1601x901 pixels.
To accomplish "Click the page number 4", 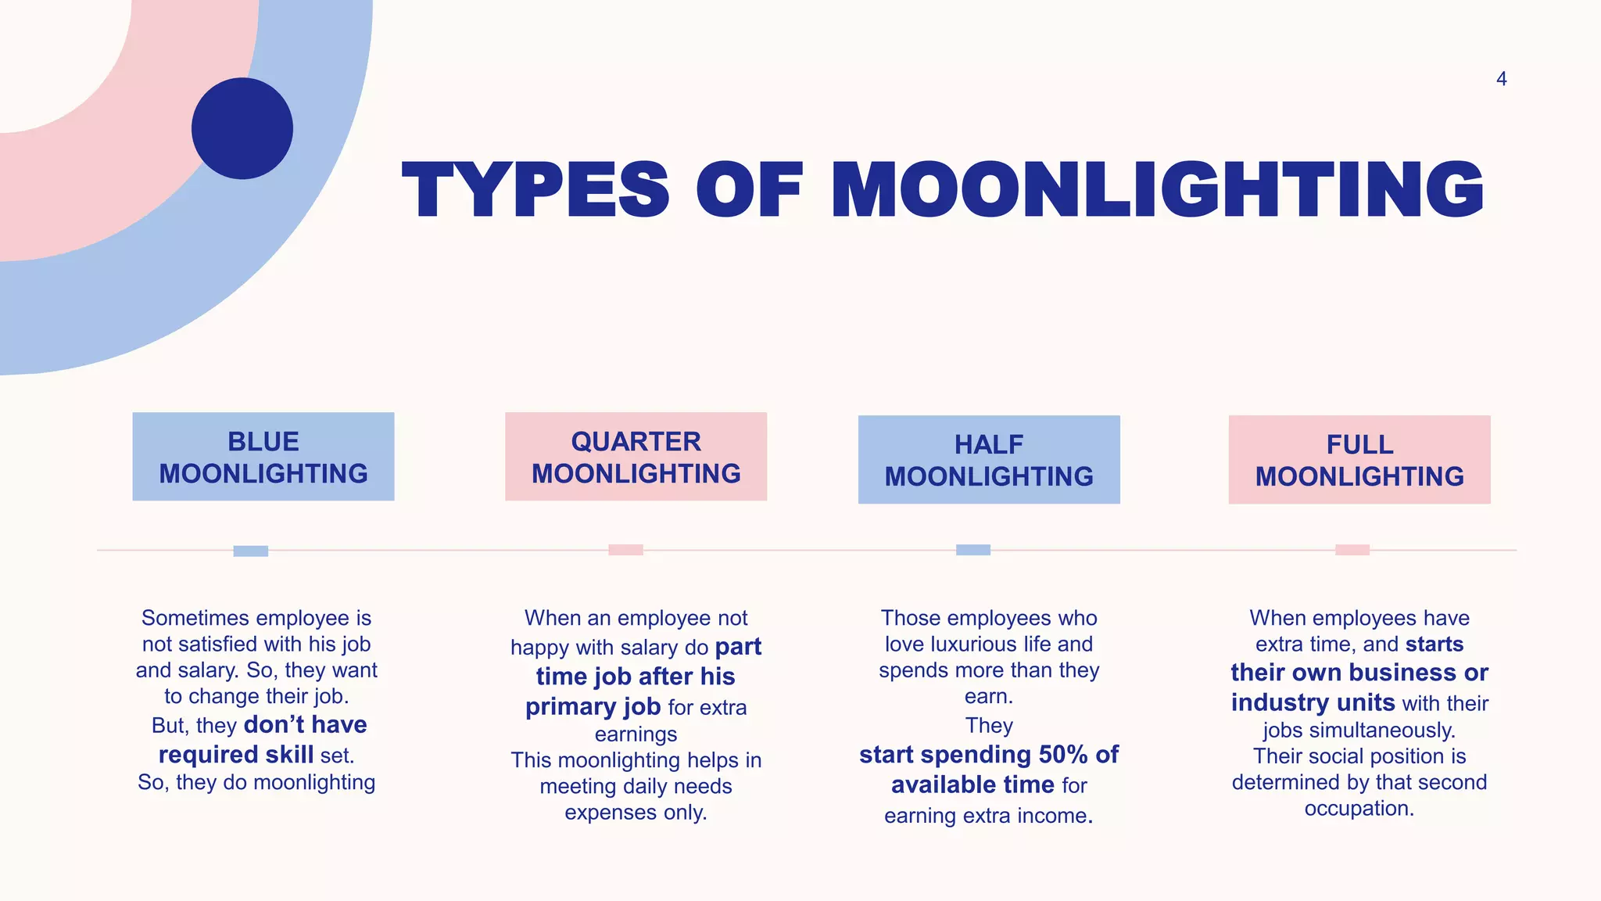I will (x=1501, y=79).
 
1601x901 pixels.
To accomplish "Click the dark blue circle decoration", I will (x=242, y=128).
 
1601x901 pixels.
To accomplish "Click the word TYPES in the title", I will (x=535, y=190).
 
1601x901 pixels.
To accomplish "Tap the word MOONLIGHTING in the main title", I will (x=1157, y=190).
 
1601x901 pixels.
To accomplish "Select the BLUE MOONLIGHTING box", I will (x=263, y=457).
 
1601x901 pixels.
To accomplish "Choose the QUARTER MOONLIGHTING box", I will (x=636, y=457).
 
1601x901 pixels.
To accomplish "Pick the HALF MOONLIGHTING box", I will (x=989, y=460).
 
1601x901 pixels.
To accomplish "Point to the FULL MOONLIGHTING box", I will (x=1359, y=460).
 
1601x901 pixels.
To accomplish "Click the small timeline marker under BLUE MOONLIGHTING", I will (x=251, y=551).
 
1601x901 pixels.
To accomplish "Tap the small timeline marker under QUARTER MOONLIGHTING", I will (x=625, y=550).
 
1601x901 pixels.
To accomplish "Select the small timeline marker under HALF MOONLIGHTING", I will (x=973, y=550).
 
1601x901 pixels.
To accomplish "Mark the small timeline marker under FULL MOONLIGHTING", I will (x=1352, y=550).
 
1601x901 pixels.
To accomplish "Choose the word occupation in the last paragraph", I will (x=1359, y=809).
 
